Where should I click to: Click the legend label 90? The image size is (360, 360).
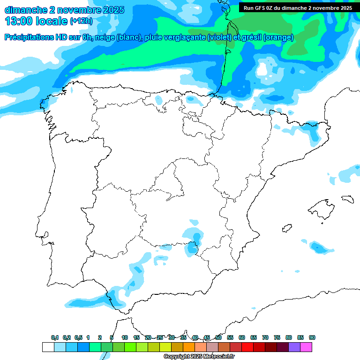coord(312,337)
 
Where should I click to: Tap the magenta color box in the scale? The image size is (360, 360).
coord(306,347)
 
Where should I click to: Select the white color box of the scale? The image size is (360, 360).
coord(48,347)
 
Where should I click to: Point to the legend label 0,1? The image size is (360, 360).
coord(55,337)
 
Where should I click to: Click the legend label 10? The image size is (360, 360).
coord(125,337)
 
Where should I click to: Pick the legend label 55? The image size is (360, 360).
coord(230,337)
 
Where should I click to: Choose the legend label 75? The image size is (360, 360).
coord(277,337)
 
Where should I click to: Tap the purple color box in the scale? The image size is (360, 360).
coord(294,347)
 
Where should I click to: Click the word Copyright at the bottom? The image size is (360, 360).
coord(177,357)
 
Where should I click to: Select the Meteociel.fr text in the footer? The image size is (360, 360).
coord(219,357)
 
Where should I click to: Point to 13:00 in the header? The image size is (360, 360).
coord(18,21)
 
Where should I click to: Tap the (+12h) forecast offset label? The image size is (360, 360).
coord(81,21)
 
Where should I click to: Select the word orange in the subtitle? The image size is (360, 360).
coord(278,37)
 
